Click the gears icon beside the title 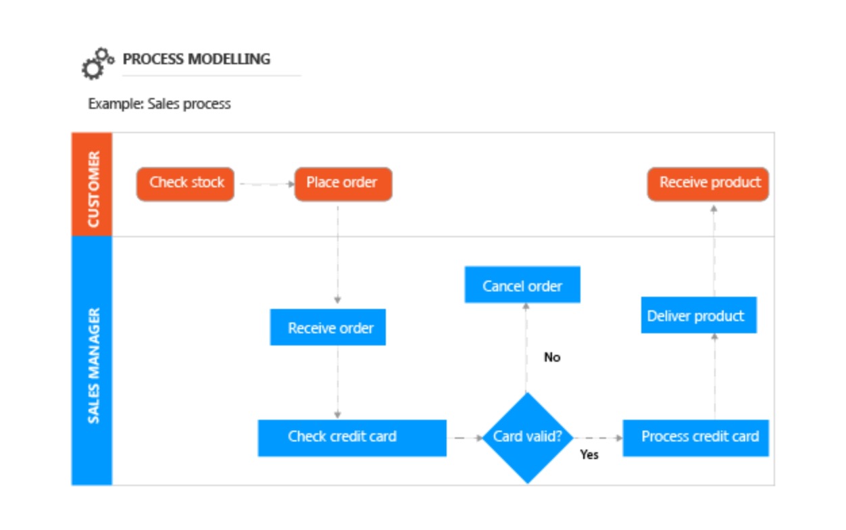click(97, 64)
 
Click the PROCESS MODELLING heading click(196, 59)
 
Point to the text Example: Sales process click(159, 104)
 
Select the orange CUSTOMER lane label click(92, 185)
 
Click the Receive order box click(328, 328)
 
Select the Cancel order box click(522, 285)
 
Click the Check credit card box click(351, 437)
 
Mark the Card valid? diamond click(528, 437)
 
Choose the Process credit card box click(696, 437)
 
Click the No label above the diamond click(552, 358)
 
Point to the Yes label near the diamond click(589, 455)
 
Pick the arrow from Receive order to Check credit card click(337, 382)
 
